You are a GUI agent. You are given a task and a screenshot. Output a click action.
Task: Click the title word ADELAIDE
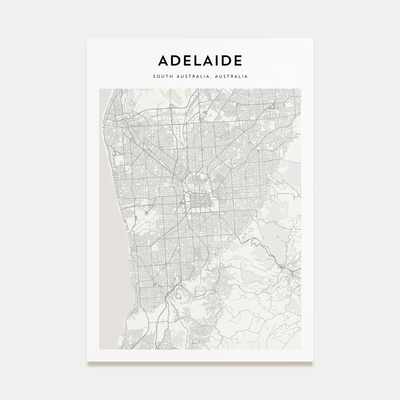(x=200, y=60)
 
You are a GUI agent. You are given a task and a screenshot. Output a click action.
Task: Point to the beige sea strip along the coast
(x=110, y=229)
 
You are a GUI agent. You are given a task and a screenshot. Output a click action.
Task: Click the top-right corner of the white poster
(x=313, y=39)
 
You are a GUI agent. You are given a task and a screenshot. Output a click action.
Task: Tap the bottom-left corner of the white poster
(x=87, y=361)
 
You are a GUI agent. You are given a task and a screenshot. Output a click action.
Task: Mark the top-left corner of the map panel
(x=99, y=89)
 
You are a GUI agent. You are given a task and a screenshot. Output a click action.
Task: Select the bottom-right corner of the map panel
(x=301, y=349)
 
